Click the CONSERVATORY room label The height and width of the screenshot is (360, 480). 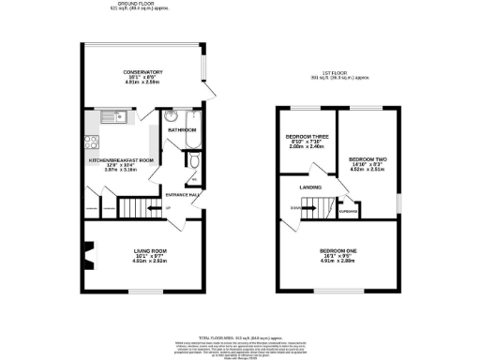tap(142, 72)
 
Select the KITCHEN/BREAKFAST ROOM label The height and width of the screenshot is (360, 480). tap(121, 160)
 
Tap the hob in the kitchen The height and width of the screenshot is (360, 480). tap(92, 143)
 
